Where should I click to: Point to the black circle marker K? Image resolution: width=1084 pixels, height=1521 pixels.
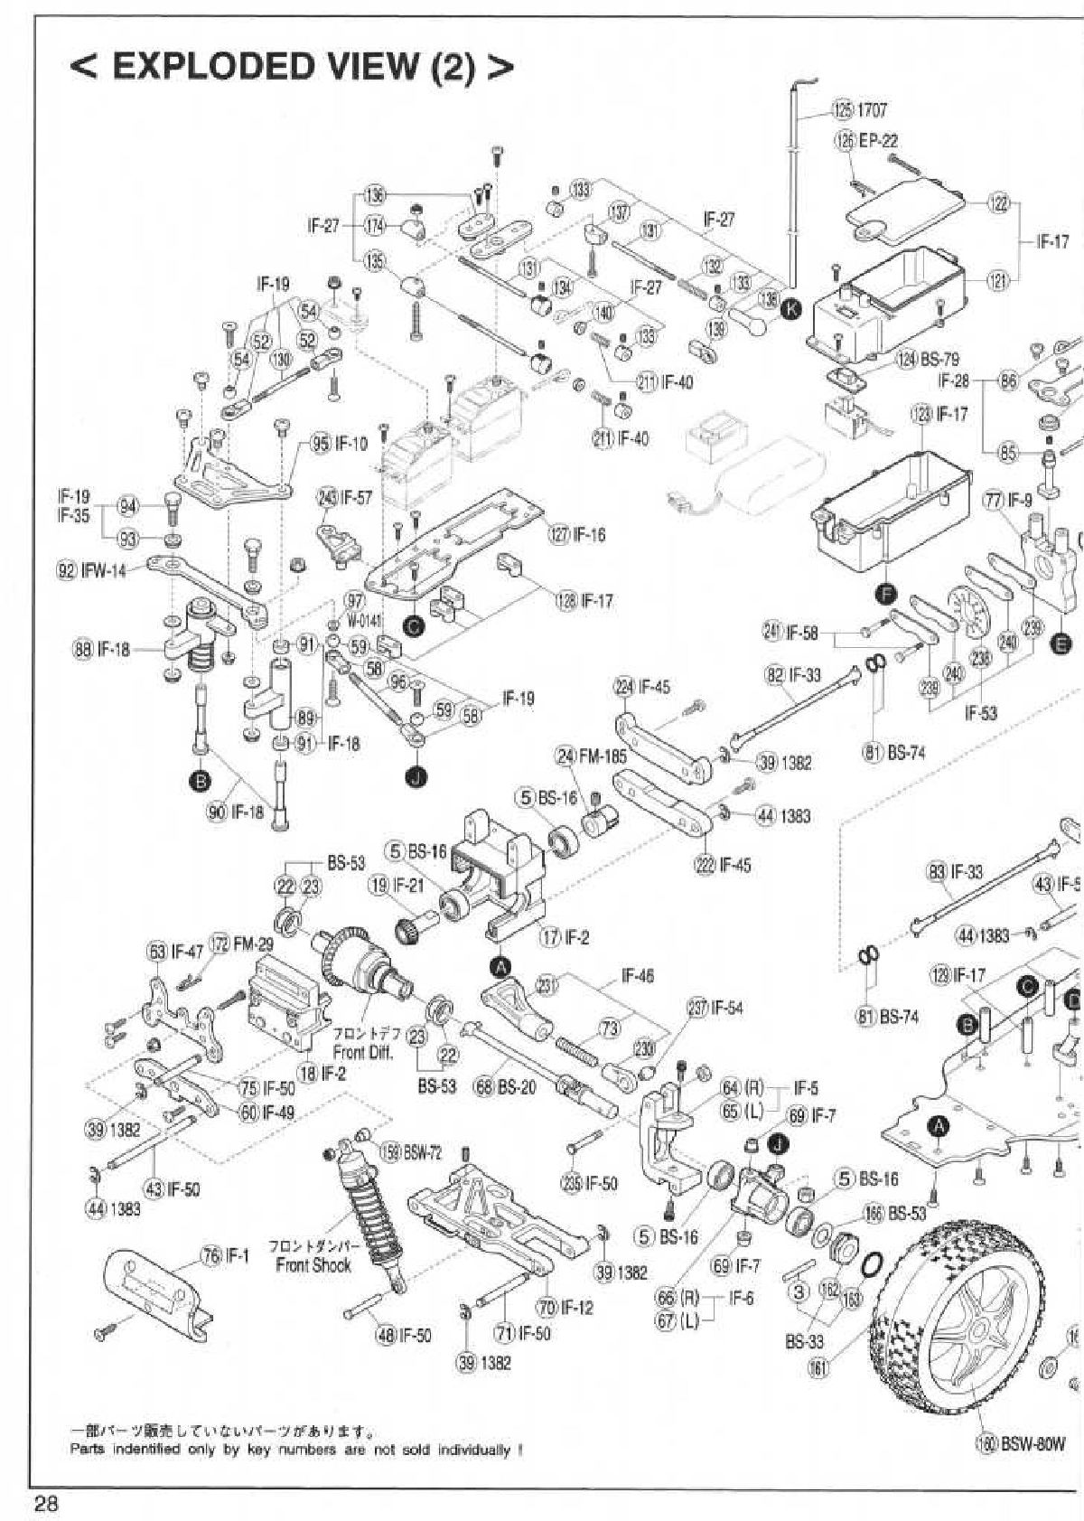point(789,310)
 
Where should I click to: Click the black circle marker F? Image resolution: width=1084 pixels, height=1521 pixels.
point(885,594)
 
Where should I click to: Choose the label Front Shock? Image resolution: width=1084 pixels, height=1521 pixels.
point(313,1265)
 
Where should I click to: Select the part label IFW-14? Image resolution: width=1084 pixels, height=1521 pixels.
point(106,571)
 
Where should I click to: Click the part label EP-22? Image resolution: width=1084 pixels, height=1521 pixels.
point(878,141)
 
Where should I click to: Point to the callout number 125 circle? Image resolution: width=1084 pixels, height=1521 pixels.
point(842,110)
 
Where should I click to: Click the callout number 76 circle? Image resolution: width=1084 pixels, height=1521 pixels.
point(210,1255)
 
